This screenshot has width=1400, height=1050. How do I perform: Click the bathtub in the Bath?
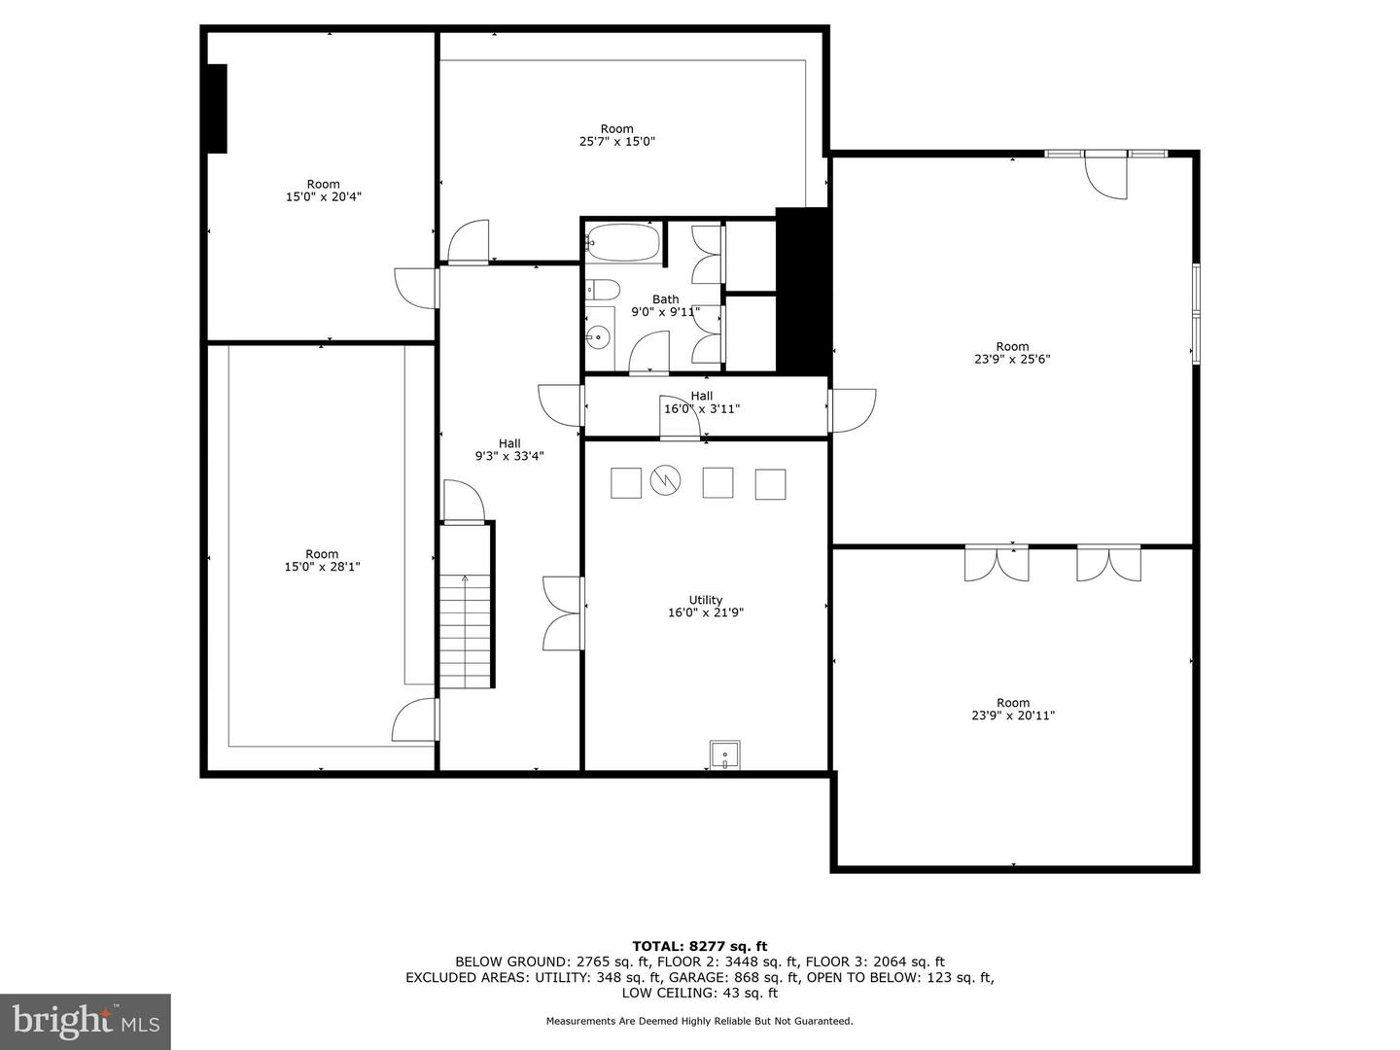tap(622, 242)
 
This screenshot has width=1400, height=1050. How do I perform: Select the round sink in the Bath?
tap(598, 334)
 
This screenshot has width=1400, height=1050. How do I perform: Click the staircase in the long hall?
tap(465, 631)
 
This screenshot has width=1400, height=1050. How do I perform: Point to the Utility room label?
tap(706, 600)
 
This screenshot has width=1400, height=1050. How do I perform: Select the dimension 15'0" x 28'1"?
tap(322, 567)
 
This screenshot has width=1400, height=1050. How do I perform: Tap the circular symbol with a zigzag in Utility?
tap(665, 479)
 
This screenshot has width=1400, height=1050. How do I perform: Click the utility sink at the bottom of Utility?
tap(724, 754)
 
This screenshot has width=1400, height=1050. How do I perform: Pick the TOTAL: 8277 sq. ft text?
tap(700, 946)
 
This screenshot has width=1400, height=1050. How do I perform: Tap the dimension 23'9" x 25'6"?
tap(1012, 359)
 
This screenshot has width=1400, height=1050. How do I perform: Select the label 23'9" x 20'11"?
tap(1013, 716)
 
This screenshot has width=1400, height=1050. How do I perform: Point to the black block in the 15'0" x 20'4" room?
tap(217, 108)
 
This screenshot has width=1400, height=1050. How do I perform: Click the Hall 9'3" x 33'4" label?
tap(509, 449)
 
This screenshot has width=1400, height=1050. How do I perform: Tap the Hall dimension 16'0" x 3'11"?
tap(702, 408)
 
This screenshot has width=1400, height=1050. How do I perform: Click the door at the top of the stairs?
tap(465, 502)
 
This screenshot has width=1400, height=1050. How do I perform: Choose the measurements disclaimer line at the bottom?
tap(699, 1021)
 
